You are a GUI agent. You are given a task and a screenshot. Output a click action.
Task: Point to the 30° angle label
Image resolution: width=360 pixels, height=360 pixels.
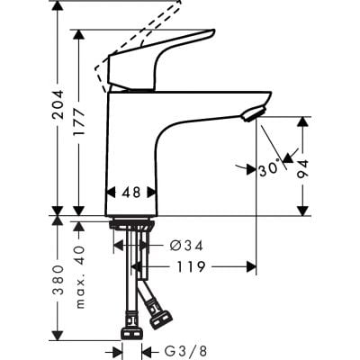tap(267, 168)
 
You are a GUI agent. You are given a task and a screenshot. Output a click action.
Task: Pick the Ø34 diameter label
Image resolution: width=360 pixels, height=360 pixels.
tap(186, 245)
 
